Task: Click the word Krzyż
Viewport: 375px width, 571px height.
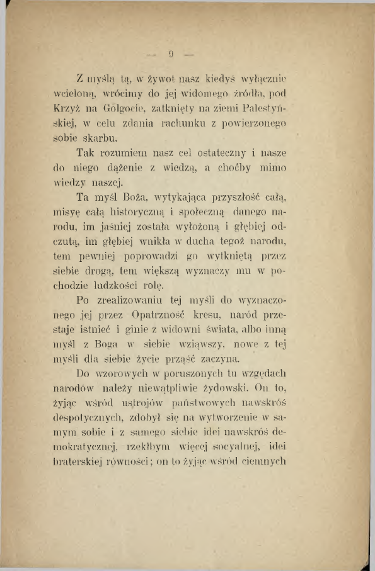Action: (x=66, y=110)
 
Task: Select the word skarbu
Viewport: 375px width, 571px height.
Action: (x=101, y=138)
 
